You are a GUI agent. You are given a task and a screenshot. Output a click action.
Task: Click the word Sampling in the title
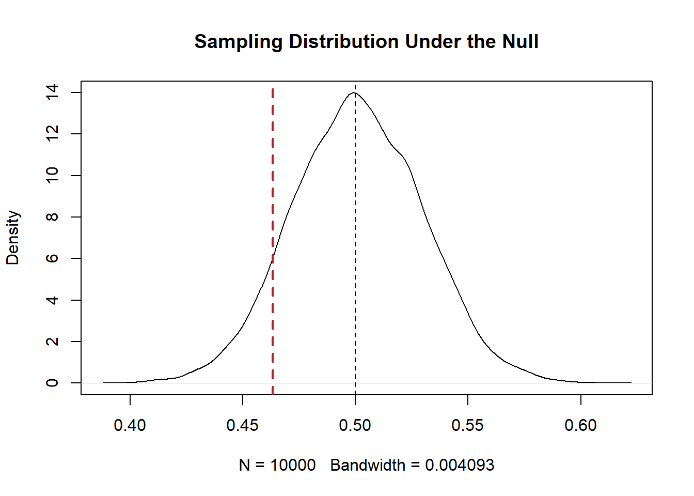tap(238, 42)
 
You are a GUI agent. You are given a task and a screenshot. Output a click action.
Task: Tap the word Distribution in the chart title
tap(343, 42)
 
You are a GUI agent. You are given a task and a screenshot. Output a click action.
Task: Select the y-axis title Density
tap(13, 238)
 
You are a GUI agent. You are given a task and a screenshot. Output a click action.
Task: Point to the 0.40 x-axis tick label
tap(130, 425)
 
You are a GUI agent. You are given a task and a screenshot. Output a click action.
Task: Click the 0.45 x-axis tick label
tap(243, 425)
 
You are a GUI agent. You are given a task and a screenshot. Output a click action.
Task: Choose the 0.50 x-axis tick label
tap(355, 425)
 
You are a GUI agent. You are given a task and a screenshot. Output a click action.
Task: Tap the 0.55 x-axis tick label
tap(468, 425)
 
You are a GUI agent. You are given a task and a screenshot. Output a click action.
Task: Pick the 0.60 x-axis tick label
tap(580, 425)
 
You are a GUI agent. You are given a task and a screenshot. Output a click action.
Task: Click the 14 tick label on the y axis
tap(52, 92)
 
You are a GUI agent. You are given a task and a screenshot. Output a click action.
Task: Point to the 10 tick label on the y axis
tap(52, 176)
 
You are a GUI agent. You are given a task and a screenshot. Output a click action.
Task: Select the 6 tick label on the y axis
tap(52, 258)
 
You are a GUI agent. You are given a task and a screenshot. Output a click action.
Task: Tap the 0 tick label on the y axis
tap(52, 383)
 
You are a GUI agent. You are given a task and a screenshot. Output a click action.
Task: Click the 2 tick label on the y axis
tap(52, 342)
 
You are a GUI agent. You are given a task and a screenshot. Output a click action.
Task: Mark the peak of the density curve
tap(354, 93)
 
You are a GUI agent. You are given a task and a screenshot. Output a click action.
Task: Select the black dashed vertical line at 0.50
tap(355, 233)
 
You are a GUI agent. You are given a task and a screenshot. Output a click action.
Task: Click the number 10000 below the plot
tap(293, 465)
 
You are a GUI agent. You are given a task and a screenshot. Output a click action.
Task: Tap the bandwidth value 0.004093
tap(460, 465)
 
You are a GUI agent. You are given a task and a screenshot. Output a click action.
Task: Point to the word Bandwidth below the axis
tap(368, 465)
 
